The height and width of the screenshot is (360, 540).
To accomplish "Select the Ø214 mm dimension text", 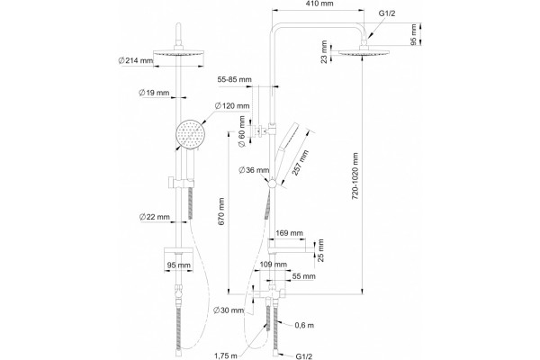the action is [135, 60].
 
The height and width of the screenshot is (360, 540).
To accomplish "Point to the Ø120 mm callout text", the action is [232, 106].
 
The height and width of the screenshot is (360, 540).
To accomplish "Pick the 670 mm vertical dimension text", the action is [221, 211].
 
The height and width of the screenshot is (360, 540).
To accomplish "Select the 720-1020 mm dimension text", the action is [355, 176].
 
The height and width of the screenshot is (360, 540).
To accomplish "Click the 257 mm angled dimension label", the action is [301, 163].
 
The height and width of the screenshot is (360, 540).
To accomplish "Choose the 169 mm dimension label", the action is [289, 233].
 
